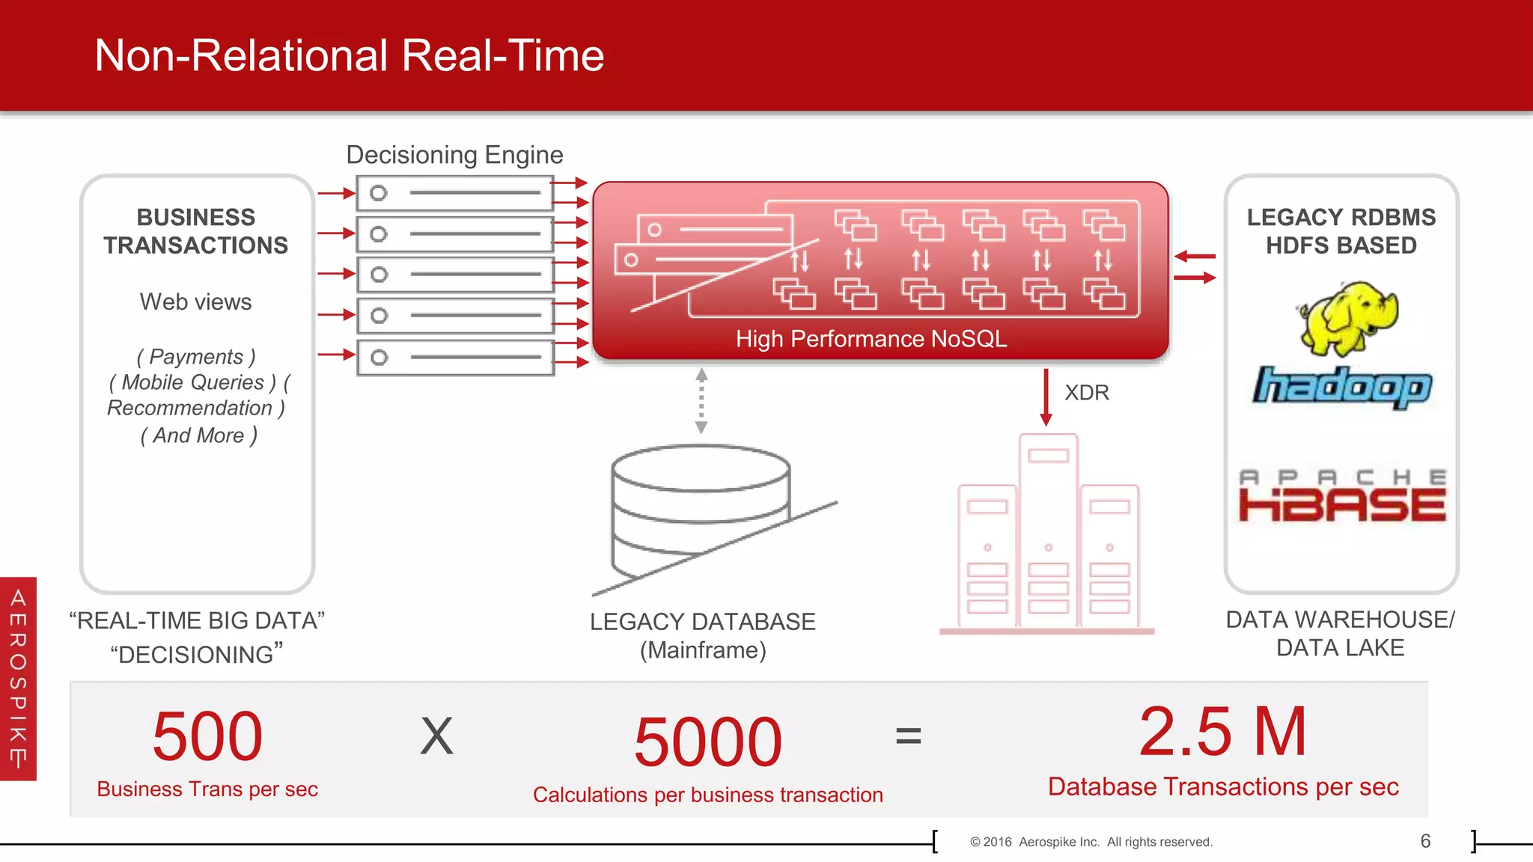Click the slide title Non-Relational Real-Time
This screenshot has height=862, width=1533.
pyautogui.click(x=349, y=55)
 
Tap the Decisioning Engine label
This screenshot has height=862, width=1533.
pyautogui.click(x=454, y=155)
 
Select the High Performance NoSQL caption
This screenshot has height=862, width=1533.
pyautogui.click(x=871, y=339)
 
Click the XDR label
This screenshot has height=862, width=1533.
pyautogui.click(x=1086, y=393)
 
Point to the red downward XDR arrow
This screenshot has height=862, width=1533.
pyautogui.click(x=1046, y=397)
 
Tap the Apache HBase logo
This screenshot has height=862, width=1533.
pyautogui.click(x=1342, y=495)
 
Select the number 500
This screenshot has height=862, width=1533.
pyautogui.click(x=207, y=736)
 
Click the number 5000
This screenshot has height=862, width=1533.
pyautogui.click(x=707, y=742)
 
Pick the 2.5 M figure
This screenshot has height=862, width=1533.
pyautogui.click(x=1222, y=732)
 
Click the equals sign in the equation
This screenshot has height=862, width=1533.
pyautogui.click(x=908, y=736)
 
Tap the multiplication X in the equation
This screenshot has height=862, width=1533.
pyautogui.click(x=436, y=736)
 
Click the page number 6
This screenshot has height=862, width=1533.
pyautogui.click(x=1425, y=841)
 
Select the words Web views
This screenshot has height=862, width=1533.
pyautogui.click(x=195, y=302)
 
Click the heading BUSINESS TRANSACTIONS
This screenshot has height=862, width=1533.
pyautogui.click(x=196, y=231)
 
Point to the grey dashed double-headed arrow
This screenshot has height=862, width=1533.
pyautogui.click(x=701, y=401)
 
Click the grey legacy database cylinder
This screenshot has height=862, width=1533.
pyautogui.click(x=700, y=509)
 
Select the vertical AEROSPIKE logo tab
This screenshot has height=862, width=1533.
pyautogui.click(x=18, y=678)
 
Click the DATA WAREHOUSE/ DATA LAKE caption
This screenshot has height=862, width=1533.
pyautogui.click(x=1340, y=633)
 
